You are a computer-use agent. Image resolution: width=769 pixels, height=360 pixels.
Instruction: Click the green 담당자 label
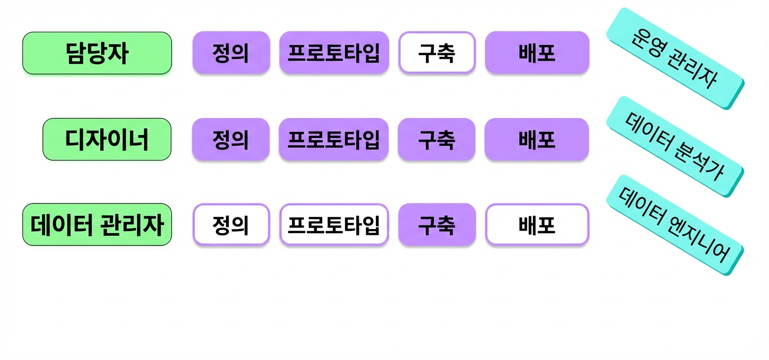[97, 53]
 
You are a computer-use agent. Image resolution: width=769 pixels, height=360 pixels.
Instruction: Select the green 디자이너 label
[107, 139]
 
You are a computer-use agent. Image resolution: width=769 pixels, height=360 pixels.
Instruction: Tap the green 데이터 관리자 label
[97, 225]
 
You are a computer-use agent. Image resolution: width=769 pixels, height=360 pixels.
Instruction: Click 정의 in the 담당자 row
[231, 53]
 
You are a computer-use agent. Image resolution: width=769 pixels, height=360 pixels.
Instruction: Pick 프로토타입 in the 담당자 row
[334, 53]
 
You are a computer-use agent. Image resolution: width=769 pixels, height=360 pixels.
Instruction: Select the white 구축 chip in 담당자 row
[437, 53]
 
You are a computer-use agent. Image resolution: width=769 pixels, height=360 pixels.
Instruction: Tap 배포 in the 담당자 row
[537, 53]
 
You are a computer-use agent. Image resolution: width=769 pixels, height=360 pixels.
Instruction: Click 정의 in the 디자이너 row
[231, 139]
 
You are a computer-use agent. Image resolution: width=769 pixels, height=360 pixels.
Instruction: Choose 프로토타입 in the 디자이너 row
[334, 139]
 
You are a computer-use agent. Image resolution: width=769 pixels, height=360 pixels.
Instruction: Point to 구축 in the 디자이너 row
[437, 139]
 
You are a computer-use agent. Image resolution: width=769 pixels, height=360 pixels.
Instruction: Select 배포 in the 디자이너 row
[537, 139]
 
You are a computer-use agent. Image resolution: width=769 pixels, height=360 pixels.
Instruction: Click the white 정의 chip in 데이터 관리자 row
[231, 225]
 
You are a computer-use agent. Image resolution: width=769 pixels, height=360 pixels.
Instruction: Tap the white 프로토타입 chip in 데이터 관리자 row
[334, 225]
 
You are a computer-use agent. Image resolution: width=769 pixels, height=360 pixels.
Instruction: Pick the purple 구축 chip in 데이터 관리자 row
[437, 225]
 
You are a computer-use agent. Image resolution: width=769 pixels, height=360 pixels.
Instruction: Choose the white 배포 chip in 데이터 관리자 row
[537, 225]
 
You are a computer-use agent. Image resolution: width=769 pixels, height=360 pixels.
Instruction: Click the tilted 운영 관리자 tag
[675, 59]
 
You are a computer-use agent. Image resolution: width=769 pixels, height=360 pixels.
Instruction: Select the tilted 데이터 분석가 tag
[675, 147]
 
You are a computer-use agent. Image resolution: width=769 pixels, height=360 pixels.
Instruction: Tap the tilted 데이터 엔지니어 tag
[675, 225]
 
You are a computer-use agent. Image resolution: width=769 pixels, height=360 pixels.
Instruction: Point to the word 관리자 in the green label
[132, 225]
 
